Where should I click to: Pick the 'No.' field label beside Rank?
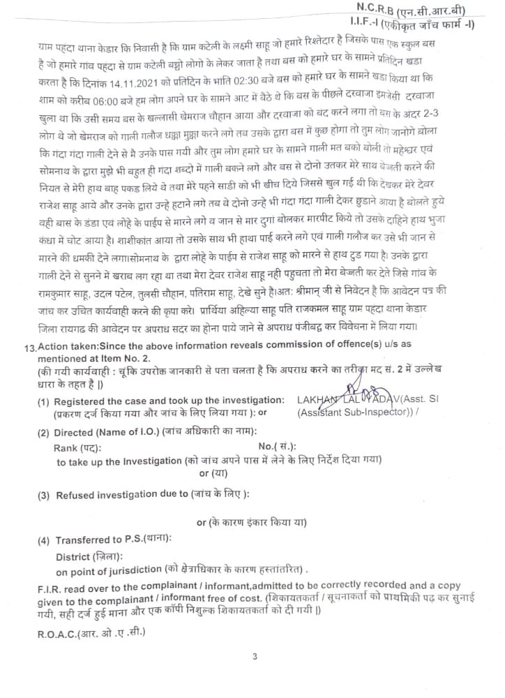click(266, 447)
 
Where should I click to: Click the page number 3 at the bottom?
click(255, 656)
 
